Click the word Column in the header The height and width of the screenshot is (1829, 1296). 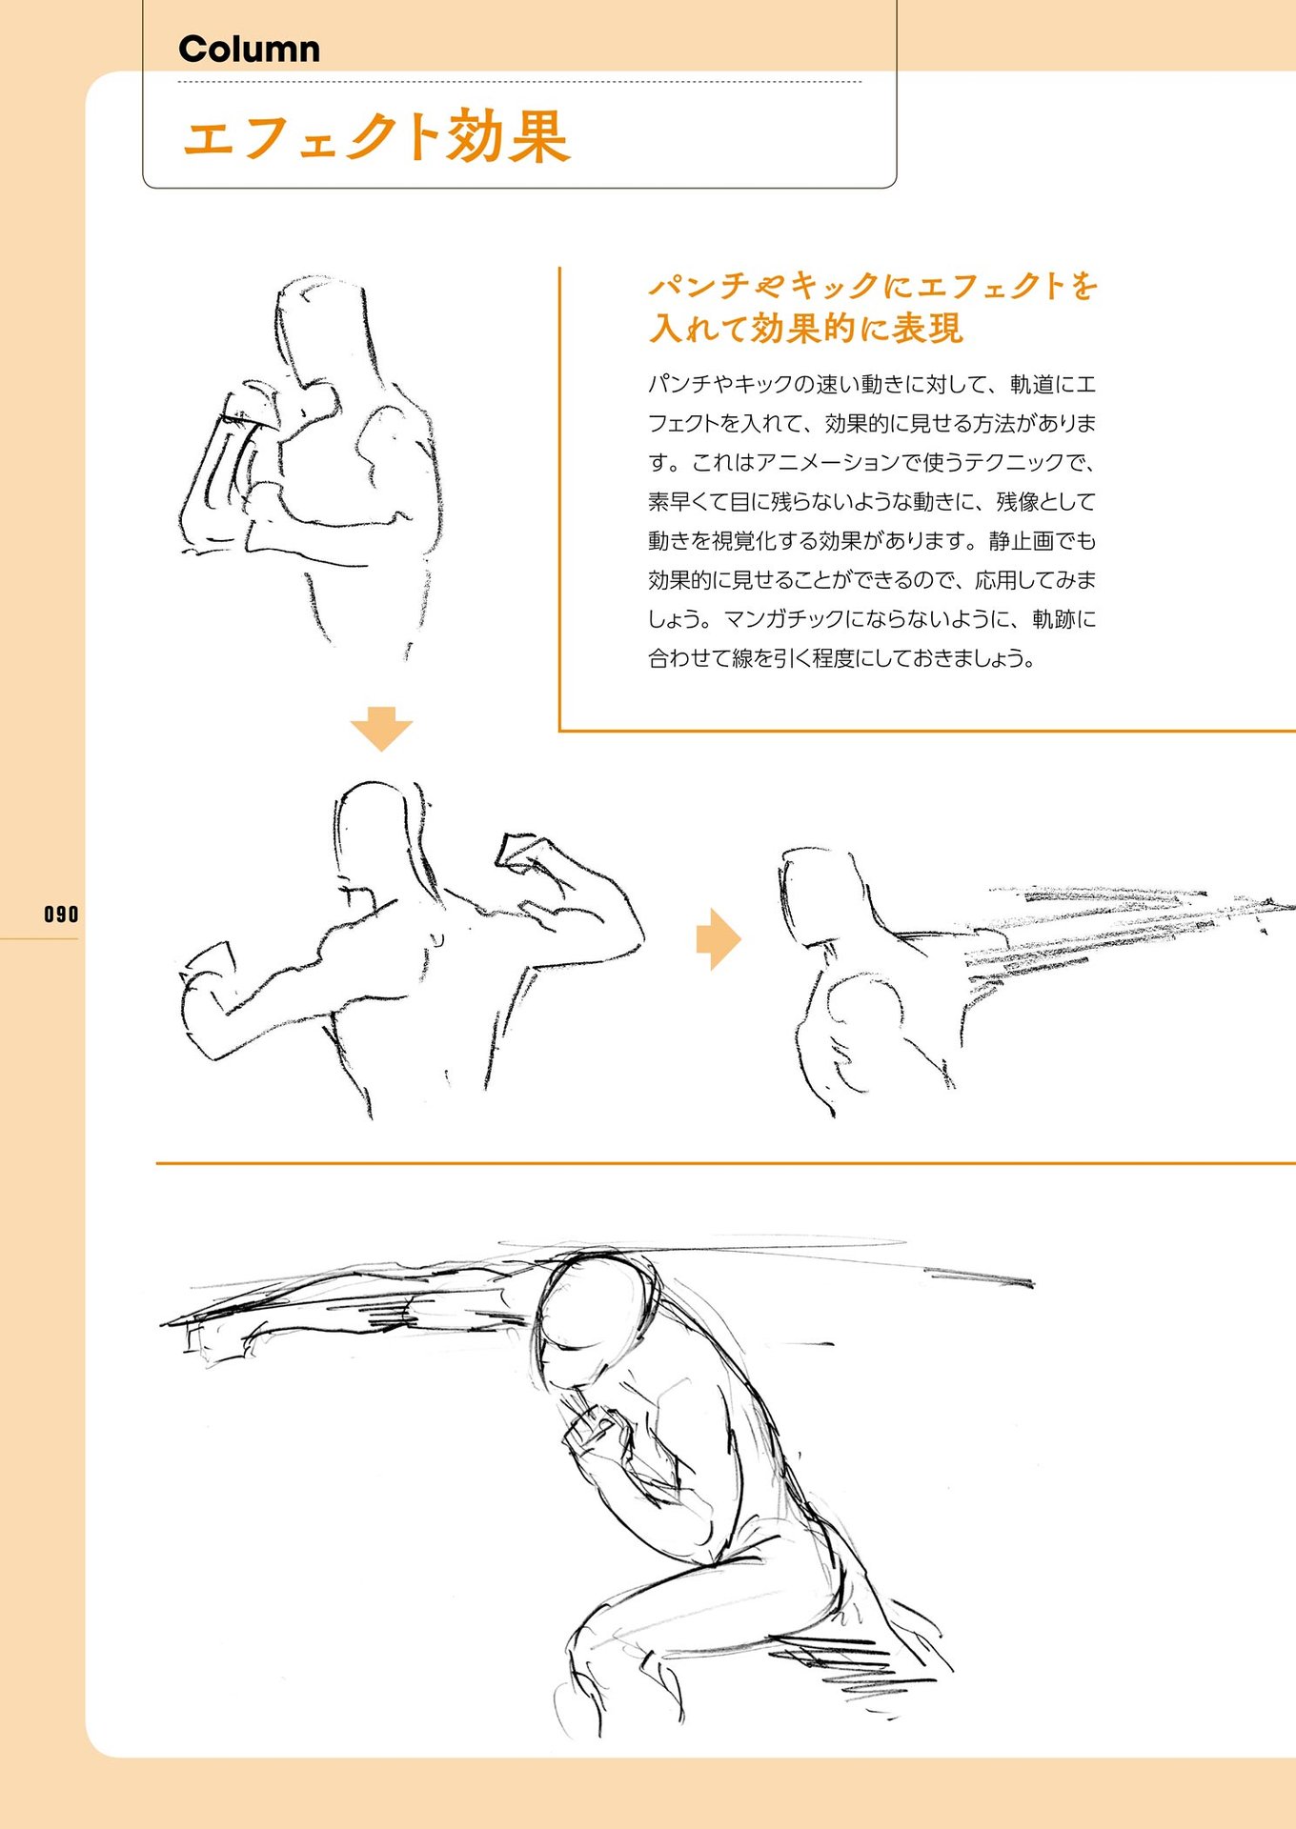point(249,50)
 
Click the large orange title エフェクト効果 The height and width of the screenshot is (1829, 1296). point(376,136)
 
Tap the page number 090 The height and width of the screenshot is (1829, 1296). point(61,914)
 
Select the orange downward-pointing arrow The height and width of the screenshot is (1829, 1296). point(381,729)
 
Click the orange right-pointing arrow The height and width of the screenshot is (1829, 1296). point(719,939)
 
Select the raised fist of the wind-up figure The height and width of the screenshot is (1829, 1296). point(523,853)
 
